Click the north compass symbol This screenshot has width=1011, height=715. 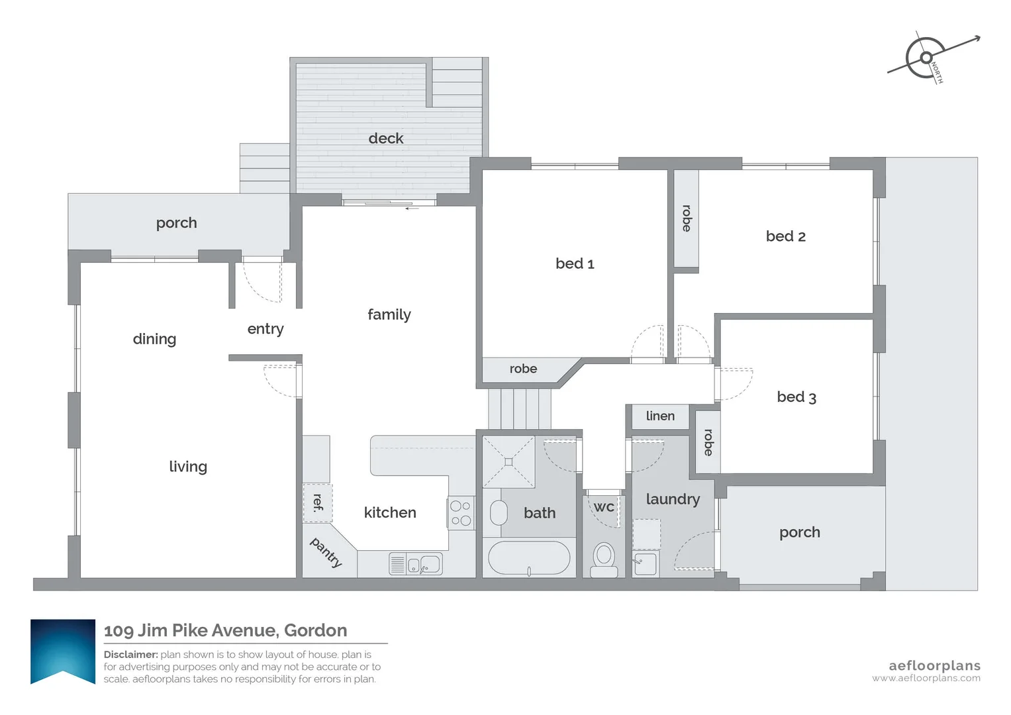[927, 58]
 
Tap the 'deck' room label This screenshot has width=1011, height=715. [386, 138]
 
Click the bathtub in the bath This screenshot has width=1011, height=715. [528, 558]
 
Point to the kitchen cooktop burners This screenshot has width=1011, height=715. [461, 513]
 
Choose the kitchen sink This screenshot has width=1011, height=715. [424, 564]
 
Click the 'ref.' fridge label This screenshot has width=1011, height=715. [318, 502]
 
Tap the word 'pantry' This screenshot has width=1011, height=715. [326, 552]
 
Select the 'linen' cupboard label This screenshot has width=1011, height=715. [660, 416]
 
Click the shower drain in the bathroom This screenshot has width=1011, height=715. [508, 461]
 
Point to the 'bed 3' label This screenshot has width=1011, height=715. [796, 397]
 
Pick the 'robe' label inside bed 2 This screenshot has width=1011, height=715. [687, 218]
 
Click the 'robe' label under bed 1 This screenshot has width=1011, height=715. [523, 369]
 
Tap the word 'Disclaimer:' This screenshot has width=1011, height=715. [131, 655]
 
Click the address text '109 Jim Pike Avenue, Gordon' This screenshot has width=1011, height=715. [226, 630]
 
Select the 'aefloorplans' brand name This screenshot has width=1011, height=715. [934, 666]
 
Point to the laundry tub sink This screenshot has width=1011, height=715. [645, 564]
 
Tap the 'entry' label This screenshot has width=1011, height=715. [265, 329]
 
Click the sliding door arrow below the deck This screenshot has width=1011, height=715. [412, 208]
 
